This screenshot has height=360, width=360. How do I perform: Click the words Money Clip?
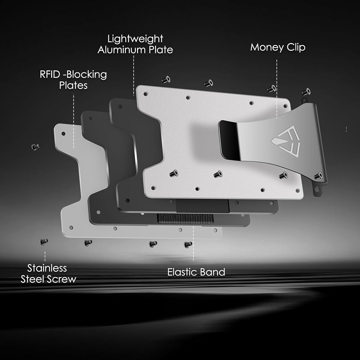click(278, 48)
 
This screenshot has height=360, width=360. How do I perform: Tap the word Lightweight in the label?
click(135, 39)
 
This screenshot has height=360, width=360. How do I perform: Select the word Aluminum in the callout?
click(122, 50)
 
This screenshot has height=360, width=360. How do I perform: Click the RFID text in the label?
click(50, 75)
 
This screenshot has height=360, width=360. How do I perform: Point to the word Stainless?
click(47, 268)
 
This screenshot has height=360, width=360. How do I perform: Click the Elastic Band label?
click(196, 272)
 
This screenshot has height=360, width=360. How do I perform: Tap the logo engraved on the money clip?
click(285, 141)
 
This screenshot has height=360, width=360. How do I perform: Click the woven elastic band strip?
click(185, 219)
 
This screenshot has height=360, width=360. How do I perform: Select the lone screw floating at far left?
click(36, 147)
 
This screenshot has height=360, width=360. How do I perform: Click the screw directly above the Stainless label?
click(44, 242)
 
